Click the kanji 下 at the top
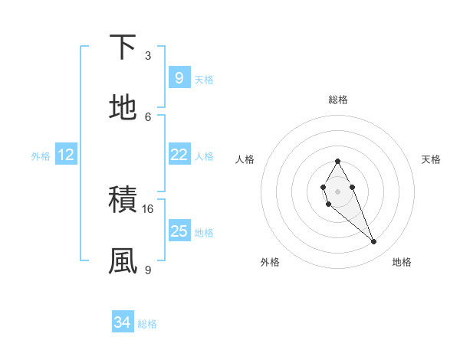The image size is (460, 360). click(123, 47)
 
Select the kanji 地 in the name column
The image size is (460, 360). click(123, 108)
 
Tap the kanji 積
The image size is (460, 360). click(123, 201)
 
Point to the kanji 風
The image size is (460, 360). click(123, 261)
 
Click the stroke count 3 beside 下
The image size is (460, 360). click(148, 56)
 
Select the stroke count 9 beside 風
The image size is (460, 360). click(148, 270)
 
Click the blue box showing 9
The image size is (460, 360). click(179, 77)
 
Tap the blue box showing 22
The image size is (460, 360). click(179, 155)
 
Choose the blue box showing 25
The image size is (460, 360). click(179, 231)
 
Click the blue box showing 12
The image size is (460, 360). click(66, 155)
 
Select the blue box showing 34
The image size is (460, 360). click(123, 323)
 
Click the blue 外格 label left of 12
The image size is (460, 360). click(41, 155)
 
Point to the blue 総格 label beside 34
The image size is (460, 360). click(147, 324)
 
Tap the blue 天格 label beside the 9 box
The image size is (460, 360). click(204, 79)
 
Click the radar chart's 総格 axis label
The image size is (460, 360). click(337, 100)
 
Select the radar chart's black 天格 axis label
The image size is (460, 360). click(432, 159)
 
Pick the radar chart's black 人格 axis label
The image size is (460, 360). click(245, 159)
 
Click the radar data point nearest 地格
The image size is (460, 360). click(374, 242)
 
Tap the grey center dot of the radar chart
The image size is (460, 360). click(337, 191)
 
